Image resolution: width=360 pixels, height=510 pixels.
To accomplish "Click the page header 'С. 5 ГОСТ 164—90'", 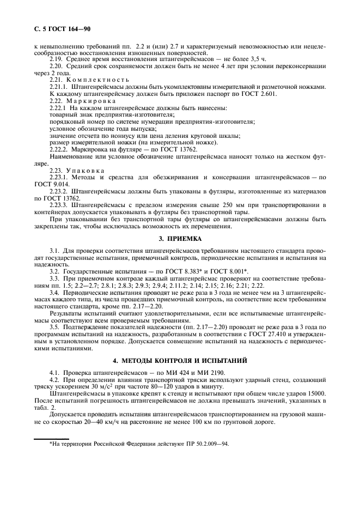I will [x=58, y=28].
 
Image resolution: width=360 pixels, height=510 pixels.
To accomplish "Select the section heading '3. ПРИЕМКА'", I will [x=180, y=238].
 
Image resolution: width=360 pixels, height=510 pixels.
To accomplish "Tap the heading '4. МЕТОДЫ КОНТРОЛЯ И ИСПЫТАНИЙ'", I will [x=180, y=361].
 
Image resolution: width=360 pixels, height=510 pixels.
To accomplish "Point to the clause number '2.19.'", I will [x=57, y=59].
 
